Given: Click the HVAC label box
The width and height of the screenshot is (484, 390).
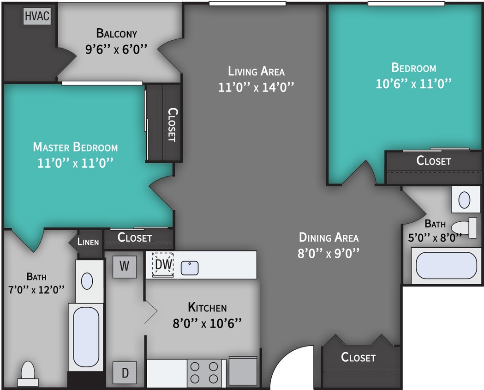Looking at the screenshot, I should click(x=37, y=16).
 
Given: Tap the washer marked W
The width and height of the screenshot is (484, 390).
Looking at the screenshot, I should click(x=125, y=267).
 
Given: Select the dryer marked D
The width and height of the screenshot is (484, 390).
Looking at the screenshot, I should click(x=125, y=372).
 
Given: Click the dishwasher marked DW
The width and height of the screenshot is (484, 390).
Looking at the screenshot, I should click(x=163, y=265).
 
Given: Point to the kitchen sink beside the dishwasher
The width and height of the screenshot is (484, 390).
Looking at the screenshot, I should click(x=190, y=268).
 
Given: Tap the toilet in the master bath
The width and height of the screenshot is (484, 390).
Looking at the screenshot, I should click(x=28, y=372).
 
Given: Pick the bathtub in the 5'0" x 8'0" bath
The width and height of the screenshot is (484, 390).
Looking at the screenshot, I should click(x=446, y=265).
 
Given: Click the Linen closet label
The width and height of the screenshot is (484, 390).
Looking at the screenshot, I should click(x=88, y=241).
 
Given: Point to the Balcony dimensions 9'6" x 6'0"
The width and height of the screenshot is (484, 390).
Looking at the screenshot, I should click(x=116, y=49).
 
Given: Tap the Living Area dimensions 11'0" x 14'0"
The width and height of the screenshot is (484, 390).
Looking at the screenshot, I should click(x=256, y=87).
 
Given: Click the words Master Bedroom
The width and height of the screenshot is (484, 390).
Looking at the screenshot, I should click(x=75, y=147).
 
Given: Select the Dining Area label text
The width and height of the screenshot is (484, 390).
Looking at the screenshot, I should click(x=329, y=238).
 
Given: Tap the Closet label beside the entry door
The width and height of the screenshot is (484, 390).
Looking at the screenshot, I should click(x=358, y=357).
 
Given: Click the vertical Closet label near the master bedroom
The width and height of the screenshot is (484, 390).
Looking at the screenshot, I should click(x=172, y=124).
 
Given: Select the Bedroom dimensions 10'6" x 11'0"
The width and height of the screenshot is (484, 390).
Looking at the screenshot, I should click(x=413, y=84).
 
